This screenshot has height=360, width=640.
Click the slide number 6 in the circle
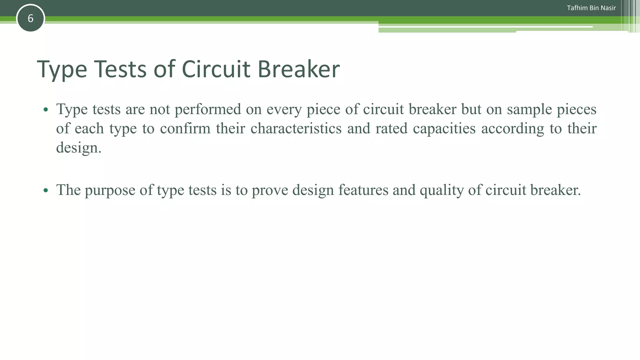30,18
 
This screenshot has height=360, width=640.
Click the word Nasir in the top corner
608,8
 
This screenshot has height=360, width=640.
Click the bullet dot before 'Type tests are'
46,110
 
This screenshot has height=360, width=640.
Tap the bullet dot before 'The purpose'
46,190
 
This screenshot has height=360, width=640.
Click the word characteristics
296,128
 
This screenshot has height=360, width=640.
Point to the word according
512,128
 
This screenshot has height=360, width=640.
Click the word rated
392,128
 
